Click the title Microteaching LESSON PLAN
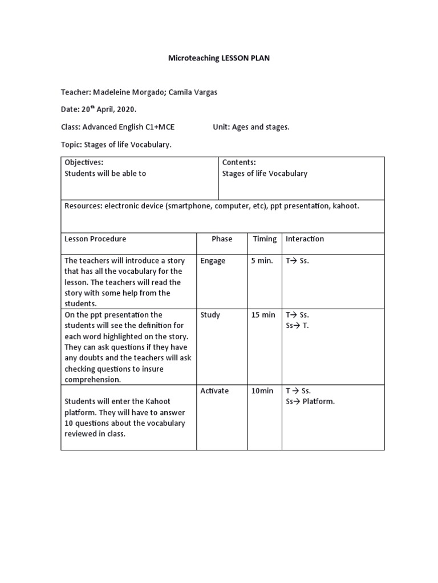click(219, 58)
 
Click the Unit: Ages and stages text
click(251, 127)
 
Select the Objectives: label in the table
click(84, 162)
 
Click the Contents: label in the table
click(239, 162)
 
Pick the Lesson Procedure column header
click(95, 239)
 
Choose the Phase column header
click(222, 239)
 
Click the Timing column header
click(265, 239)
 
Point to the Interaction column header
click(305, 239)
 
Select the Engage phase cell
click(213, 261)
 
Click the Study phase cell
click(210, 315)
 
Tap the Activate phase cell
click(214, 391)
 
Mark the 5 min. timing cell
click(262, 261)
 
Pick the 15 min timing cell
click(263, 315)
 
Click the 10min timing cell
click(262, 391)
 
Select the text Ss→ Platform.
click(310, 401)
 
